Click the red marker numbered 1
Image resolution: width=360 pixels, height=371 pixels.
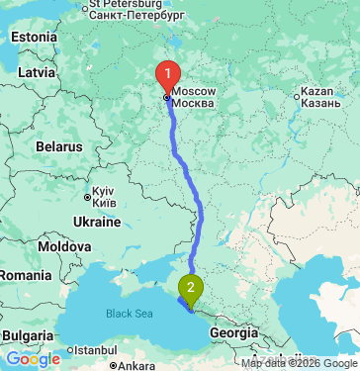click(169, 74)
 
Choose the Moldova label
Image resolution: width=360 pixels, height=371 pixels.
click(66, 245)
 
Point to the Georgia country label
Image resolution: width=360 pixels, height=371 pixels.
click(234, 333)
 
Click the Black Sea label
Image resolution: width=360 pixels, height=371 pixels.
click(131, 314)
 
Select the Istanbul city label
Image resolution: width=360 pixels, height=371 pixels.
click(94, 350)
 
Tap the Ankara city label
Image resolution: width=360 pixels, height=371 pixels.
click(135, 365)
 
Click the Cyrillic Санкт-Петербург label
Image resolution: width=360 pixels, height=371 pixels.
click(136, 17)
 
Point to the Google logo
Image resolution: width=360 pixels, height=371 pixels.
click(33, 359)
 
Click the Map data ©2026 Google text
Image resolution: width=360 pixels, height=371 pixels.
click(298, 363)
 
